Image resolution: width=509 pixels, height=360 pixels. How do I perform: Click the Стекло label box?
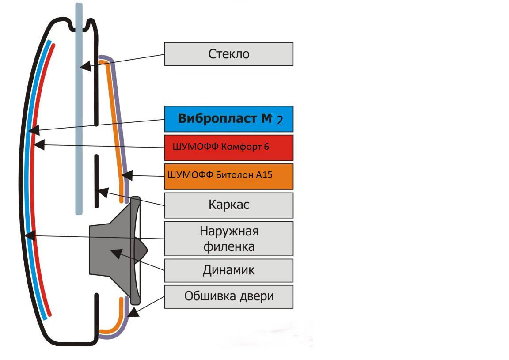coord(228,54)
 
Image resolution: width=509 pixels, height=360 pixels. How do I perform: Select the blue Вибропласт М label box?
coord(228,119)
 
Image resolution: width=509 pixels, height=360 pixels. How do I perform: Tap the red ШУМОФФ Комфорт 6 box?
coord(228,148)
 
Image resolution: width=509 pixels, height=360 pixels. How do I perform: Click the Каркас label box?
coord(228,205)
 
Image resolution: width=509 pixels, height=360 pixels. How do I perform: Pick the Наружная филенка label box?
coord(228,239)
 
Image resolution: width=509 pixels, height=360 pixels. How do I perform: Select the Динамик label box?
coord(228,270)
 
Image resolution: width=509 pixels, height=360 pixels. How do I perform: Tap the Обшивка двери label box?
coord(228,296)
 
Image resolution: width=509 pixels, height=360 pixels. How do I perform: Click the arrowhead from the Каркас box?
coord(102,192)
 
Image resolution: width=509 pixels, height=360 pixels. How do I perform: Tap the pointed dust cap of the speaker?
coord(142,250)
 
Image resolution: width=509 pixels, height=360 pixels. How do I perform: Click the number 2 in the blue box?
coord(280,121)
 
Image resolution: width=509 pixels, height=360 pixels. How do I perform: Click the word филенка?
coord(229,246)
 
